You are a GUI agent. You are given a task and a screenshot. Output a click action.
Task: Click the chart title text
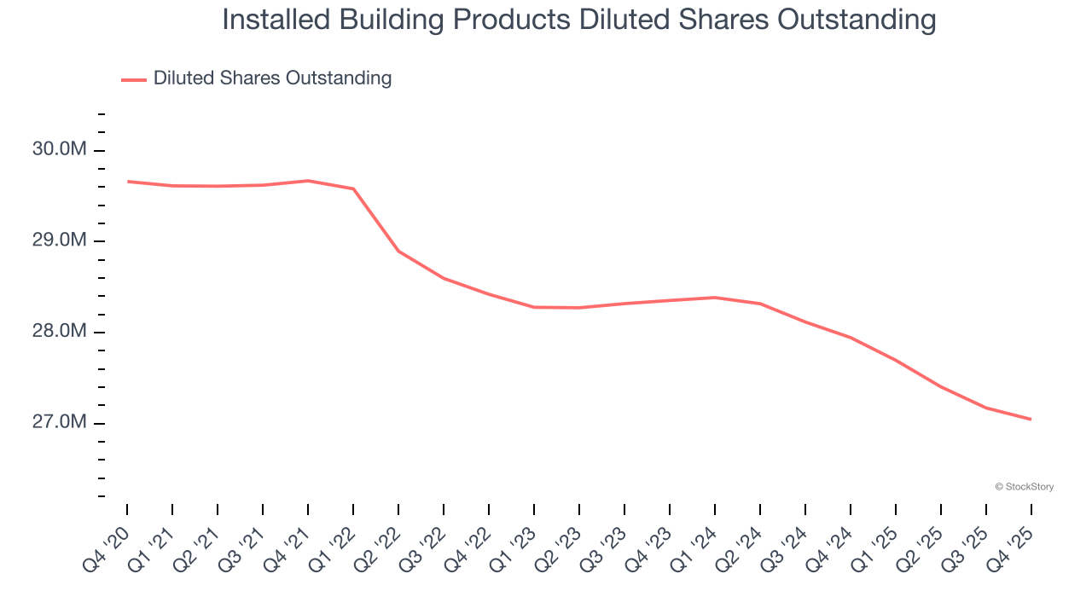(x=578, y=20)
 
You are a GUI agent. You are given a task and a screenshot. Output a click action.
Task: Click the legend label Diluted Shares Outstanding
(x=272, y=78)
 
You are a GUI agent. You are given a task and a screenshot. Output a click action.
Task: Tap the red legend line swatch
(x=134, y=79)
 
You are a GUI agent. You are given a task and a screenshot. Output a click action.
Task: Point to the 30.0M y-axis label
(x=60, y=150)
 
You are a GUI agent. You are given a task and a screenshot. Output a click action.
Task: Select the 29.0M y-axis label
(x=60, y=240)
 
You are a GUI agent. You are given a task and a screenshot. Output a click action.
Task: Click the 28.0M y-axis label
(x=60, y=332)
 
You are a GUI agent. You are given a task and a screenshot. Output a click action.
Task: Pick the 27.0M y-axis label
(x=60, y=423)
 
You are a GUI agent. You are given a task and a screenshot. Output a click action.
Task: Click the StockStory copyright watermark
(x=1024, y=487)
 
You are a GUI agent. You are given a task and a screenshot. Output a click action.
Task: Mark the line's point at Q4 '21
(x=308, y=181)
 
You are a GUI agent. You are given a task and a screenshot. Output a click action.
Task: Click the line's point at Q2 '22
(x=398, y=252)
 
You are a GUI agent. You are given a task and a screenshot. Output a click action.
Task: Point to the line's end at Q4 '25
(x=1031, y=419)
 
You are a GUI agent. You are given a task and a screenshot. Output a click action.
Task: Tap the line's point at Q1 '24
(x=715, y=298)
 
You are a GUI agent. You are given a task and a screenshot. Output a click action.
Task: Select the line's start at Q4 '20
(x=128, y=182)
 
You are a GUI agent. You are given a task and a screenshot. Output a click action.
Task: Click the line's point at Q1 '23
(x=534, y=307)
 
